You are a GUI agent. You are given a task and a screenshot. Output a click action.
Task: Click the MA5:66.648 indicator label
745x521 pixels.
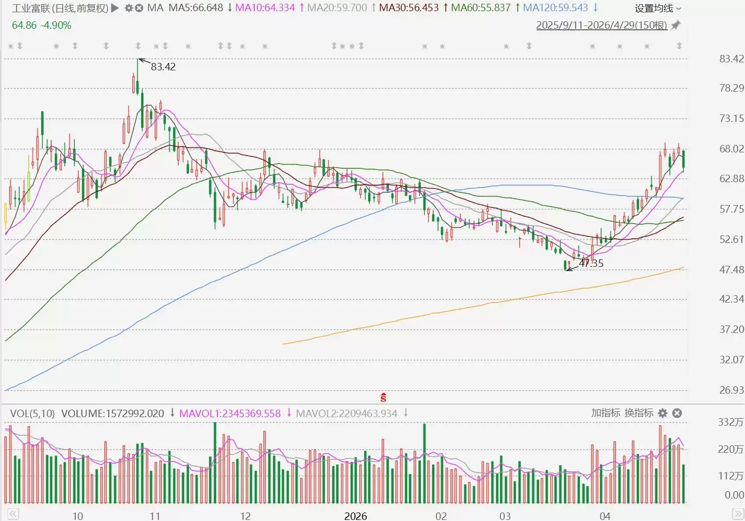[x=196, y=8]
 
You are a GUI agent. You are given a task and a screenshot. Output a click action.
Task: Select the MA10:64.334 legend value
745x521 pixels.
[x=265, y=8]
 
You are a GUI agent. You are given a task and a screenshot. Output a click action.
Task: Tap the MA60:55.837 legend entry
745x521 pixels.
[x=480, y=8]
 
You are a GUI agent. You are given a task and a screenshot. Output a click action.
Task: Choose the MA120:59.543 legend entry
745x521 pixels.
[x=555, y=8]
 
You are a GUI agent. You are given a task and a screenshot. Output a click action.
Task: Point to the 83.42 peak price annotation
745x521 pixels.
[x=163, y=67]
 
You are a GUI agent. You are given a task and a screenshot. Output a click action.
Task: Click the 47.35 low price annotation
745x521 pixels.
[x=591, y=263]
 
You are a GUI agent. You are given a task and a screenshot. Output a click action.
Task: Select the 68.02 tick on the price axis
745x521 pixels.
[x=731, y=149]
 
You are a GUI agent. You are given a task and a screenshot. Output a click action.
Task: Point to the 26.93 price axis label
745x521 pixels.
[x=731, y=390]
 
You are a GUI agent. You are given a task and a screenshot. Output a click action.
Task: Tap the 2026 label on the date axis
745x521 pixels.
[x=355, y=516]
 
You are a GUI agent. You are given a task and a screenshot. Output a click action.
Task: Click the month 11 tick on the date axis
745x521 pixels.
[x=155, y=516]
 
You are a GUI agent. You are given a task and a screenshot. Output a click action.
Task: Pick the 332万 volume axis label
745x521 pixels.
[x=730, y=422]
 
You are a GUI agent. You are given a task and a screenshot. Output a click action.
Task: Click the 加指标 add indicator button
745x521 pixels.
[x=605, y=413]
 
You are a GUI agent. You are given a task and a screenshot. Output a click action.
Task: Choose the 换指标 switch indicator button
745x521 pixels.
[x=638, y=413]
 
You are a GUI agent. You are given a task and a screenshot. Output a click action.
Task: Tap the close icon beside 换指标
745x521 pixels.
[x=677, y=413]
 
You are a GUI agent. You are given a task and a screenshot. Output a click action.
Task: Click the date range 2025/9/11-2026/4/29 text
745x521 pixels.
[x=601, y=25]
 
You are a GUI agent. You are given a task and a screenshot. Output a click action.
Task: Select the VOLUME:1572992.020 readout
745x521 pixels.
[x=112, y=413]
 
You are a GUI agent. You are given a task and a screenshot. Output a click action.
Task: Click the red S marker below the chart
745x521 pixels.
[x=383, y=397]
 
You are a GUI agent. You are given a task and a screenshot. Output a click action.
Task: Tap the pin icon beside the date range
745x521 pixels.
[x=676, y=25]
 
